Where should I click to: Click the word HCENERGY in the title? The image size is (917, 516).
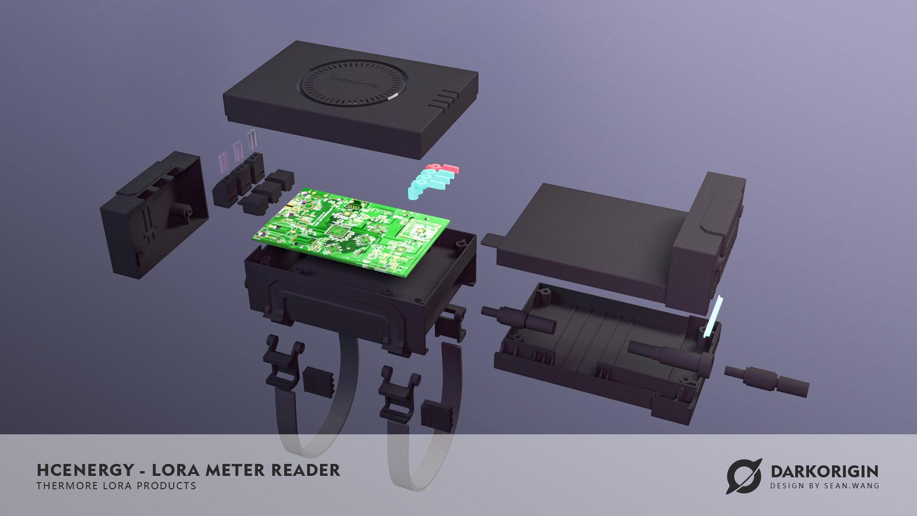point(85,471)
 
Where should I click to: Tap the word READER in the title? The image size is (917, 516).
point(306,471)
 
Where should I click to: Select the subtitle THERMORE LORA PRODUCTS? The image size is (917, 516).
point(116,486)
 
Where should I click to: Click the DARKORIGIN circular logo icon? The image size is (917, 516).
point(744,476)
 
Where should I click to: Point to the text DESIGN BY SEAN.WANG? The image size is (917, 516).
point(824,486)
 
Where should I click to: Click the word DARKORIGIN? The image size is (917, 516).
point(824,472)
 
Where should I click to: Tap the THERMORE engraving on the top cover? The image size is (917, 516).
point(353,82)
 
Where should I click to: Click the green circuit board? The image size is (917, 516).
point(351,232)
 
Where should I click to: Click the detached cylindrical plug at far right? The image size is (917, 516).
point(767,381)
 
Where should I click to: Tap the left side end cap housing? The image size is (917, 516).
point(153,215)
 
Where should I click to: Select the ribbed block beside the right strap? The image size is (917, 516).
point(437,415)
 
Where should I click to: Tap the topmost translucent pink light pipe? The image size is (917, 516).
point(252,139)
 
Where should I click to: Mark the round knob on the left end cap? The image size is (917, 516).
point(181,211)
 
